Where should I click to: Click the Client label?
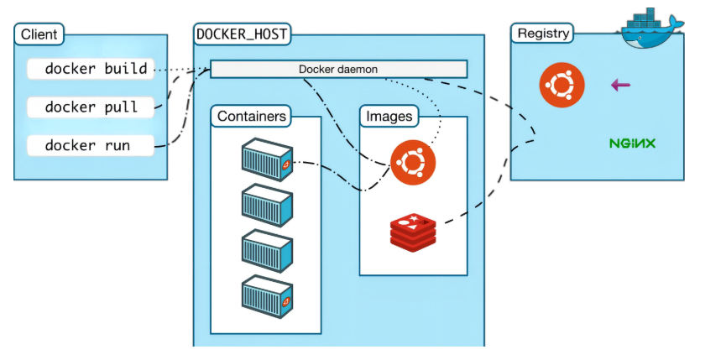click(x=39, y=34)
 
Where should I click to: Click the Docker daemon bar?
click(x=338, y=69)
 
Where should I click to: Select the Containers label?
click(x=252, y=116)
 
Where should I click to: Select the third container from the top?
click(x=266, y=250)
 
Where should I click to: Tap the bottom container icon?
click(x=266, y=295)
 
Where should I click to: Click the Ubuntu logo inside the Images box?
click(x=413, y=161)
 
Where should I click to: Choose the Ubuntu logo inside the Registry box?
click(x=561, y=85)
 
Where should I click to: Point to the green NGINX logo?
click(x=632, y=143)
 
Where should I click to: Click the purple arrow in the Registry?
click(x=620, y=85)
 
